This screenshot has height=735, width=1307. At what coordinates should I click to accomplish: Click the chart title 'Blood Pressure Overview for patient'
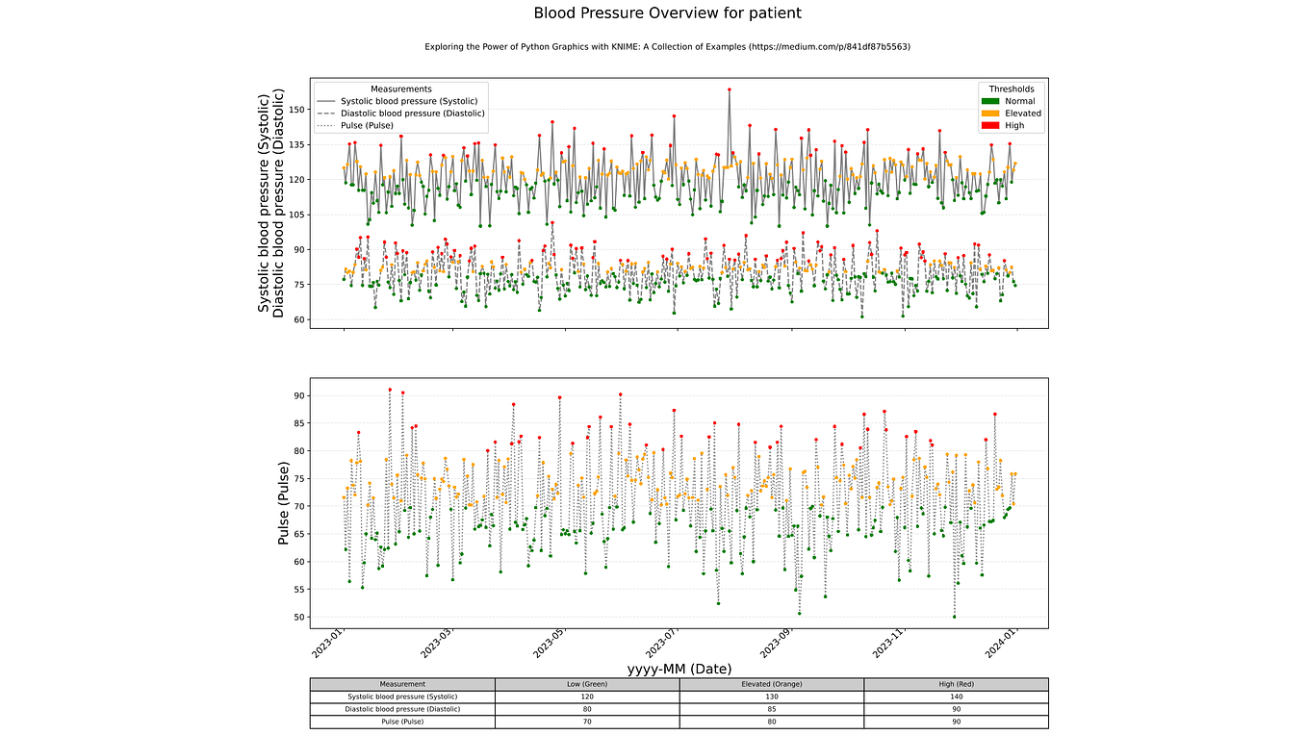pyautogui.click(x=667, y=13)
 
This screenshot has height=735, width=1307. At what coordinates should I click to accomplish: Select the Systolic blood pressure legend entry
pyautogui.click(x=413, y=101)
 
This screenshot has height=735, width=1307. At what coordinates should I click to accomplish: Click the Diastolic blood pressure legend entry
pyautogui.click(x=412, y=113)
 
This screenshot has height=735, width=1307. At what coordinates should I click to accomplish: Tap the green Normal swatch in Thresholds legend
pyautogui.click(x=989, y=101)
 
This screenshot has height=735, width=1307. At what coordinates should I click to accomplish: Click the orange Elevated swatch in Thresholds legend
pyautogui.click(x=989, y=114)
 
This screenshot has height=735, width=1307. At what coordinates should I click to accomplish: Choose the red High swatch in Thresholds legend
pyautogui.click(x=989, y=125)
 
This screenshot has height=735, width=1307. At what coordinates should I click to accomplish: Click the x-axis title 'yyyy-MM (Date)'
pyautogui.click(x=679, y=669)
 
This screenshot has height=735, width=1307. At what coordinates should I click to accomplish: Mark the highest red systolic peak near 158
pyautogui.click(x=730, y=89)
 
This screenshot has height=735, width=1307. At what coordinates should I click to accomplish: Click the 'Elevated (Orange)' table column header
pyautogui.click(x=771, y=684)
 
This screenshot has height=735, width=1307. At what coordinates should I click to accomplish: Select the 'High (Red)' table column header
pyautogui.click(x=956, y=684)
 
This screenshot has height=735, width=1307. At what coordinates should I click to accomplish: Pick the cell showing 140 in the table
pyautogui.click(x=956, y=697)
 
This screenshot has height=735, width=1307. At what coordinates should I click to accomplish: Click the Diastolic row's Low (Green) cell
pyautogui.click(x=586, y=709)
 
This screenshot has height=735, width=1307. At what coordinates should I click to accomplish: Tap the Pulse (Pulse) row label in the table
pyautogui.click(x=401, y=722)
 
